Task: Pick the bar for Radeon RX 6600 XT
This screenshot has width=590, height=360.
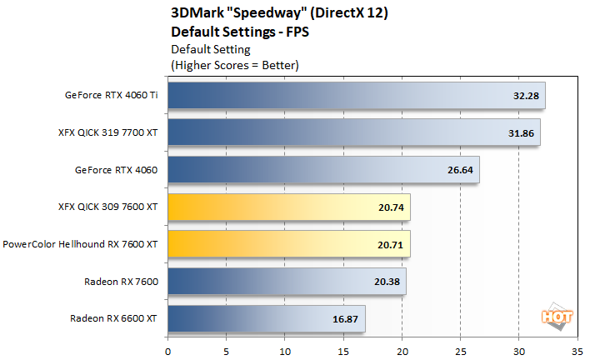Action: (x=267, y=317)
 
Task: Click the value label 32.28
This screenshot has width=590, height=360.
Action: (x=526, y=97)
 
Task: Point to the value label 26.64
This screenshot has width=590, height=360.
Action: (x=460, y=170)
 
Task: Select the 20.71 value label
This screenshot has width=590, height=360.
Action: (x=391, y=244)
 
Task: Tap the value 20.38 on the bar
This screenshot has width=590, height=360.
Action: (x=387, y=281)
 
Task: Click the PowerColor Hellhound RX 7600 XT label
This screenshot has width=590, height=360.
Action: (x=82, y=244)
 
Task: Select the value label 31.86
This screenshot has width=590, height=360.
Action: (x=521, y=133)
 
